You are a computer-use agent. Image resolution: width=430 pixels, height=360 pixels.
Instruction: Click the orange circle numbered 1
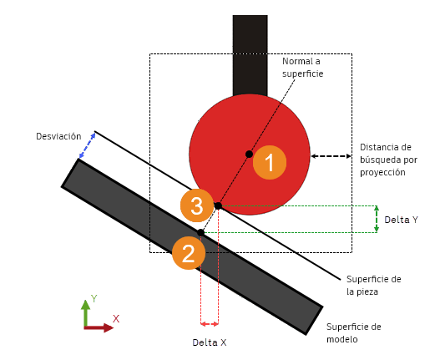click(x=270, y=162)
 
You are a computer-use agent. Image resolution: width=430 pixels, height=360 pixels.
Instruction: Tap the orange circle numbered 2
click(x=189, y=253)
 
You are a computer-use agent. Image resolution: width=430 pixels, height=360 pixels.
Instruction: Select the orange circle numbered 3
click(x=197, y=205)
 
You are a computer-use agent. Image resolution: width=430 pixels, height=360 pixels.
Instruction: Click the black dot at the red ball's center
click(x=249, y=154)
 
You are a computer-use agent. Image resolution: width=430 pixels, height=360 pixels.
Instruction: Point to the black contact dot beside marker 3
click(x=218, y=205)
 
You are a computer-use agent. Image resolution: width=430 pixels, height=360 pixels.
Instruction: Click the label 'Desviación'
click(x=58, y=136)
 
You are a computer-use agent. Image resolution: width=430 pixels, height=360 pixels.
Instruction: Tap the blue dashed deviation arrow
click(x=87, y=145)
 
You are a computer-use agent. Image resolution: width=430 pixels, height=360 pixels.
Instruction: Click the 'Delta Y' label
click(x=401, y=220)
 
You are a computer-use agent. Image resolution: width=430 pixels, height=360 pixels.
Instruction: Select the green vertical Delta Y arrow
click(x=377, y=219)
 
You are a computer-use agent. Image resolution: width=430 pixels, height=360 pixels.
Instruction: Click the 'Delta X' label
click(x=210, y=342)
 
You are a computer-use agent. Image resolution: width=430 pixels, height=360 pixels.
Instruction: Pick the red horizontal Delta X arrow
click(x=210, y=324)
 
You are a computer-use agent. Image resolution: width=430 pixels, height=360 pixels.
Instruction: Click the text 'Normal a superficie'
click(x=302, y=68)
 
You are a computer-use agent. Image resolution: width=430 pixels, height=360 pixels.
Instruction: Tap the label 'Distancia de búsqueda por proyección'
click(x=388, y=160)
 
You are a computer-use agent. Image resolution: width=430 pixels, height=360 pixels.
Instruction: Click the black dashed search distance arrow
click(x=331, y=156)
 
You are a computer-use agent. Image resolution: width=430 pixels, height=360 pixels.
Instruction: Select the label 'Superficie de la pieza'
click(x=374, y=286)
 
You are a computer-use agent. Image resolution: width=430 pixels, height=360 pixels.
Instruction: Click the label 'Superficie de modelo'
click(x=354, y=333)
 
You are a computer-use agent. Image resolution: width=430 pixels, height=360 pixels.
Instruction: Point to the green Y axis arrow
click(x=86, y=313)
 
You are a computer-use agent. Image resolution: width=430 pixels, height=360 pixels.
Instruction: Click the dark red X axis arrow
click(x=99, y=327)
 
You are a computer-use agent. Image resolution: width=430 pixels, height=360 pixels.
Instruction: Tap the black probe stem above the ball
click(x=250, y=55)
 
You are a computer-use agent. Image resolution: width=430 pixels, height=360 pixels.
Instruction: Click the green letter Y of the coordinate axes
click(x=94, y=299)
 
